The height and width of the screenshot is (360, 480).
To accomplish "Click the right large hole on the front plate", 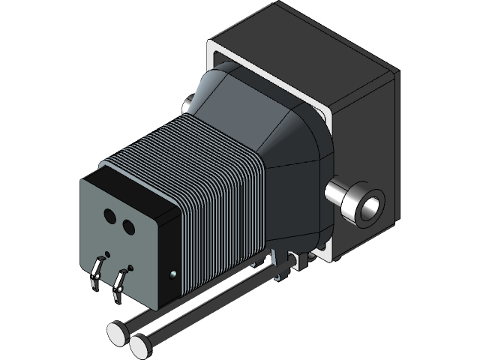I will coord(127,226).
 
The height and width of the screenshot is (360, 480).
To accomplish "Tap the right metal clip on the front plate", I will coord(118,285).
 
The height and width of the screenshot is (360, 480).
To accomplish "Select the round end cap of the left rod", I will coord(117,333).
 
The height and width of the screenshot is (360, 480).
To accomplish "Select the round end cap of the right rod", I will coord(139,345).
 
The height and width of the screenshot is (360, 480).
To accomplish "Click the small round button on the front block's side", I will coord(173,274).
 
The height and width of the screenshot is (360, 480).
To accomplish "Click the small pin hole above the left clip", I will coord(107,253).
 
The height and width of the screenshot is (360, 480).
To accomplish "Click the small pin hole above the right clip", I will coord(131,267).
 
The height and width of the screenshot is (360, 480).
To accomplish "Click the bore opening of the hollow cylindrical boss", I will coord(370,206).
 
